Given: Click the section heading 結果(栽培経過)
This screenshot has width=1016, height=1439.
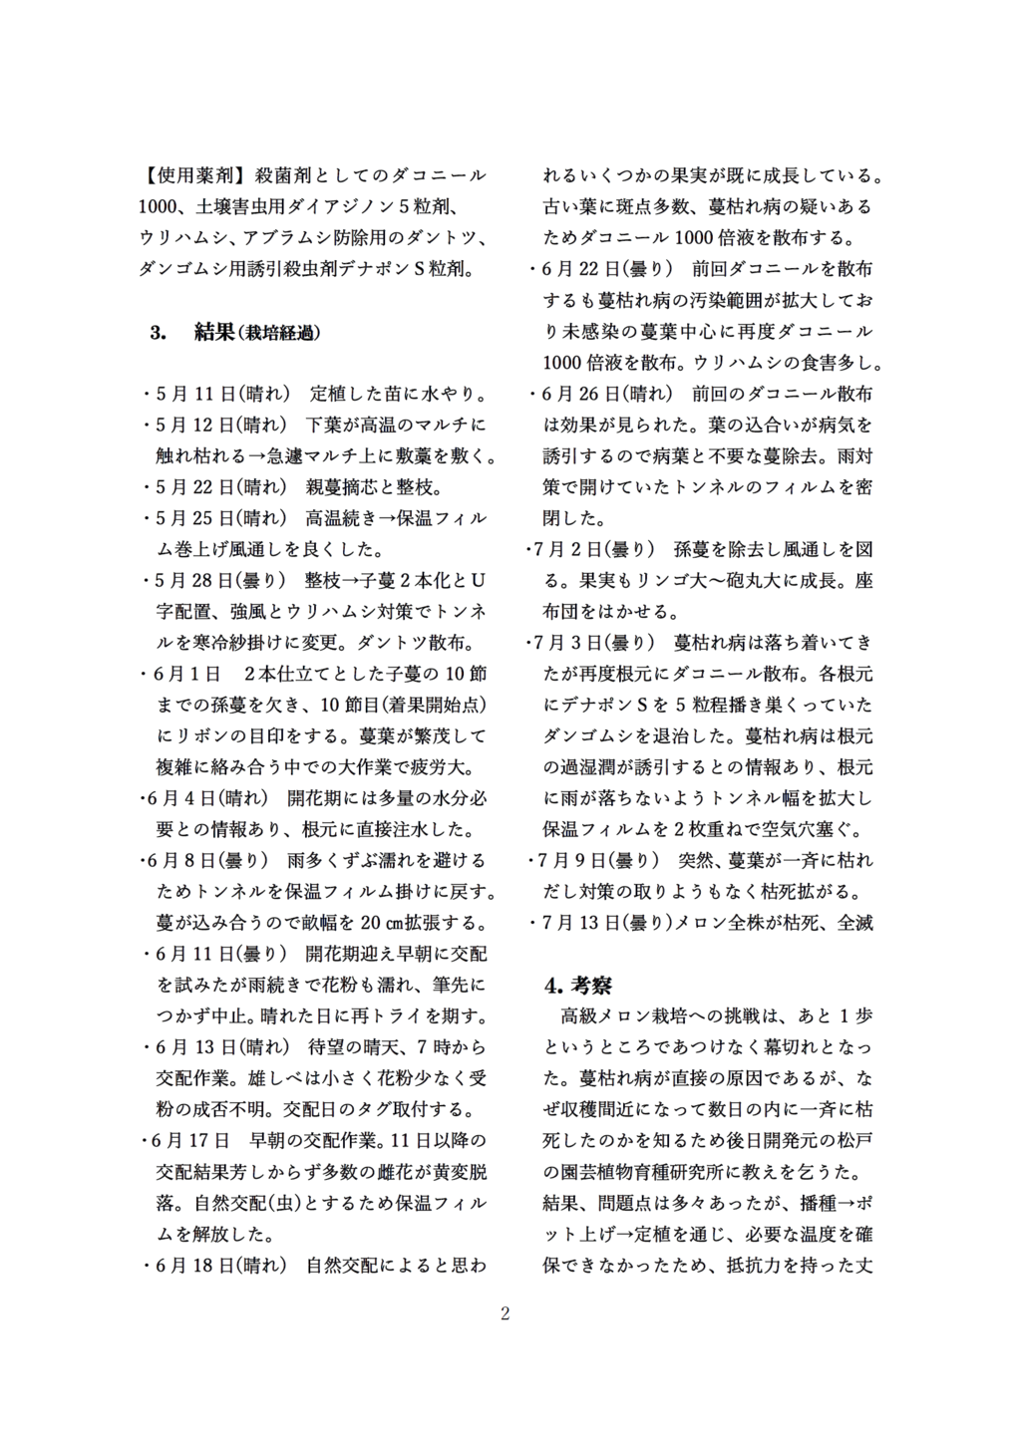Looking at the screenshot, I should pos(257,332).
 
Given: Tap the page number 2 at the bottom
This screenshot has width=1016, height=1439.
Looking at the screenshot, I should pos(506,1313).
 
